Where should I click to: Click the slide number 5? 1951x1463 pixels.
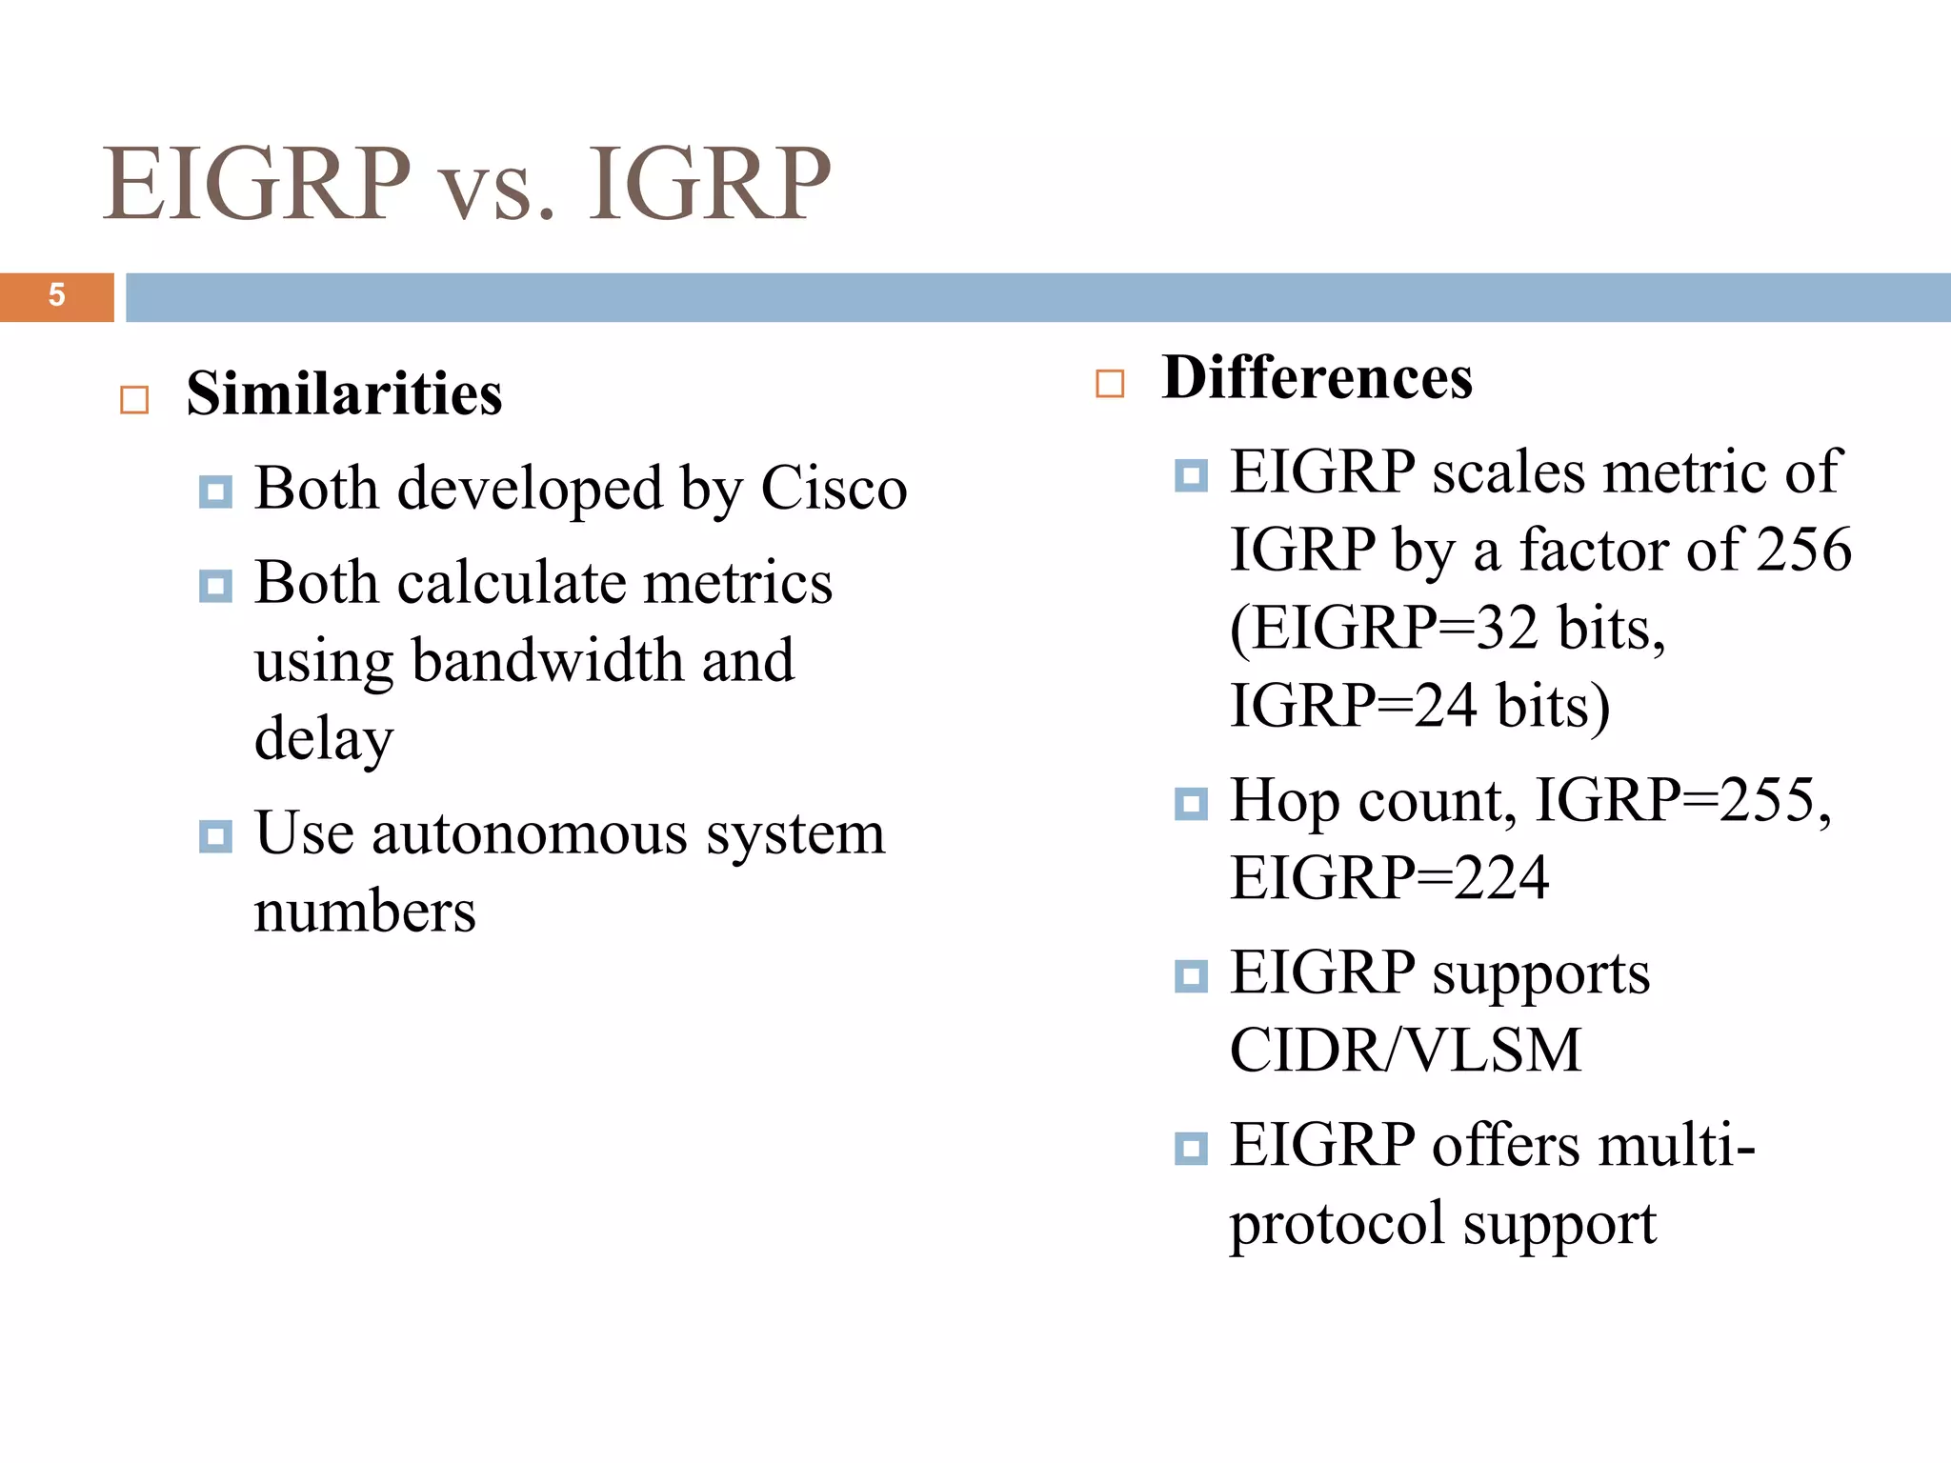coord(56,295)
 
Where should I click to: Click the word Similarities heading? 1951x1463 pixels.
coord(344,394)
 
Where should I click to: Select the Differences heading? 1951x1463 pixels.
coord(1317,378)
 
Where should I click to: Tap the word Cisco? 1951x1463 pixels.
coord(834,489)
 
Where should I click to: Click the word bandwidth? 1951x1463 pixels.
coord(548,660)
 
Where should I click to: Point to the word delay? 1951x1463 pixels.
coord(324,739)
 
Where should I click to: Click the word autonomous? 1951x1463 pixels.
coord(529,833)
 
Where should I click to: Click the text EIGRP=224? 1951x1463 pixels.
coord(1389,878)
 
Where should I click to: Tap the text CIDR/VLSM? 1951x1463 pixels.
coord(1405,1051)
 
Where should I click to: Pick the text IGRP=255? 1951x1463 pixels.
coord(1683,800)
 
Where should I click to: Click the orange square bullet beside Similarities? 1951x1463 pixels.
coord(134,400)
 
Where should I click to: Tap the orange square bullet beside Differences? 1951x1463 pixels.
coord(1110,384)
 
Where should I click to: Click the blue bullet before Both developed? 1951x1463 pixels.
coord(215,491)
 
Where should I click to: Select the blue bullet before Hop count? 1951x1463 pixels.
coord(1191,804)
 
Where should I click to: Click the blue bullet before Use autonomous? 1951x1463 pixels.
coord(215,836)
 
